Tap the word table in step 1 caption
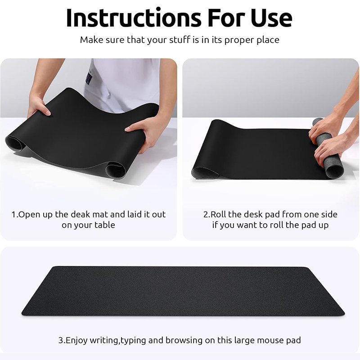pos(104,225)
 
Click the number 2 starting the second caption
pos(206,214)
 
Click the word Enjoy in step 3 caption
pos(78,340)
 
